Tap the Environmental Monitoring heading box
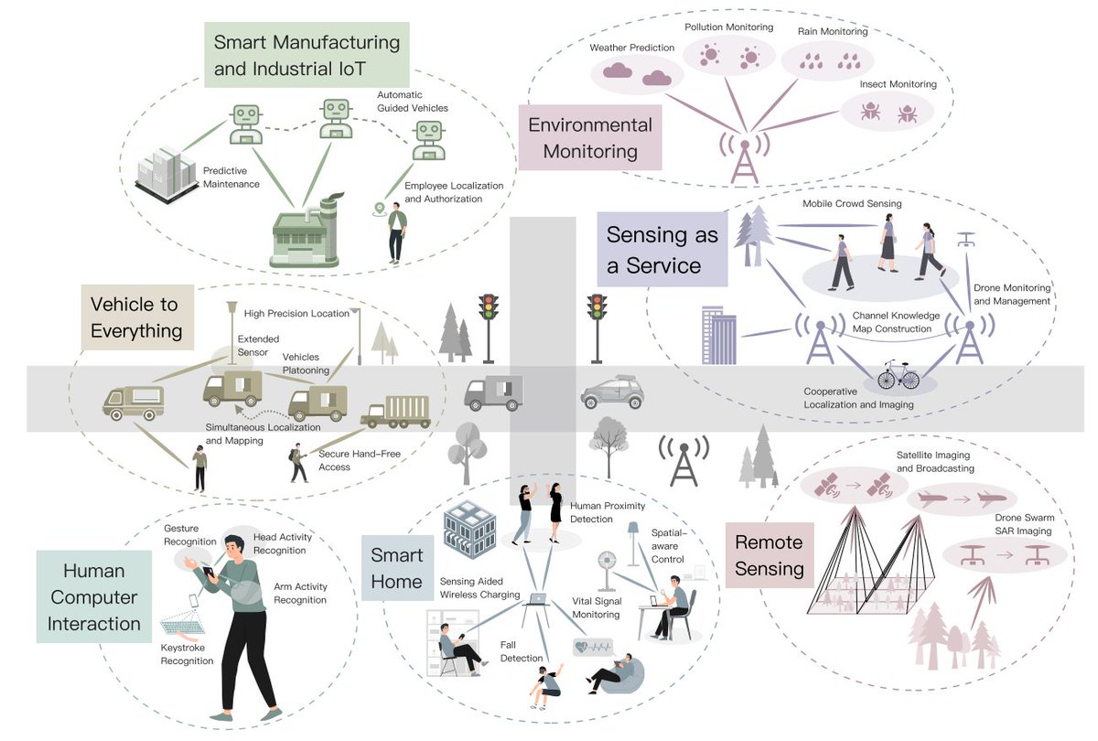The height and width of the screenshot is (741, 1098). coord(590,137)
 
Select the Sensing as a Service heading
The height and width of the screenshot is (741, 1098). coord(662,250)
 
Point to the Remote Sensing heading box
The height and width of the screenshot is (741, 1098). coord(769,555)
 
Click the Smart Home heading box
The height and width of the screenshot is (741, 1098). coord(397,568)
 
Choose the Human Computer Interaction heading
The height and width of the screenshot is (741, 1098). coord(94,597)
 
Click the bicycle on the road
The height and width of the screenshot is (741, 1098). coord(898,375)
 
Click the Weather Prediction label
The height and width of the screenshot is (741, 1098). coord(631,48)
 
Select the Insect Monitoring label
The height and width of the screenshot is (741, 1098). coord(898,84)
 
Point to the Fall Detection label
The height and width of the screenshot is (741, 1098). coord(522,650)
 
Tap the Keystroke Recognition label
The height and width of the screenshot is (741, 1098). coord(187,654)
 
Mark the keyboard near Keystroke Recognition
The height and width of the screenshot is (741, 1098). coord(186,626)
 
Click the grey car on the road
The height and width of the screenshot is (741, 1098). coord(612,393)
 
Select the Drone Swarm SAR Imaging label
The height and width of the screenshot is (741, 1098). coord(1023,524)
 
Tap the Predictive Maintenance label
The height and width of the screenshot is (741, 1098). coord(231,177)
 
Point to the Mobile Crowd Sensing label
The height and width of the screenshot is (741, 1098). coord(851,204)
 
